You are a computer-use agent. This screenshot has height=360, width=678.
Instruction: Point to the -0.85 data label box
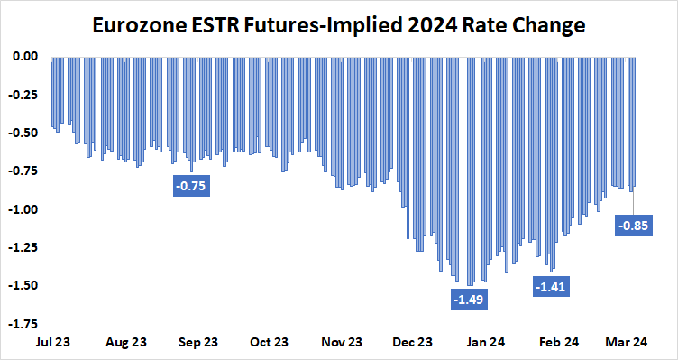(635, 225)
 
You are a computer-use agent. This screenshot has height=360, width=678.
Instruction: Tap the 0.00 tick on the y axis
(24, 56)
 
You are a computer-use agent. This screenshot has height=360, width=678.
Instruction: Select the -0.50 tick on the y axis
(23, 133)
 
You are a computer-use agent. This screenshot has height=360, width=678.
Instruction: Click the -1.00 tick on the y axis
(23, 209)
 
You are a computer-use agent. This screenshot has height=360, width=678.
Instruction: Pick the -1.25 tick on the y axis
(23, 247)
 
